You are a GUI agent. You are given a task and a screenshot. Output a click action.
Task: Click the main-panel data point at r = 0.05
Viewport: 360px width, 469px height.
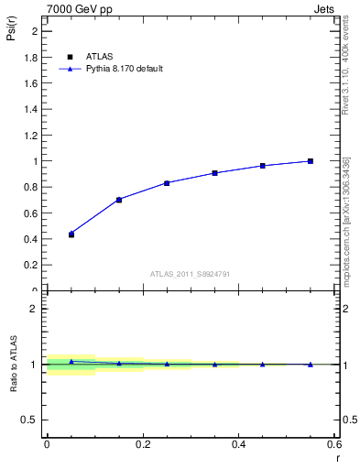pos(71,234)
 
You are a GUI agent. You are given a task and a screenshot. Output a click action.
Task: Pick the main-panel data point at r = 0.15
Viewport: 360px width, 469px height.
pos(119,200)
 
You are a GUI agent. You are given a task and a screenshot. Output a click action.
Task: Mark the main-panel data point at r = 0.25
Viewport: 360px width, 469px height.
pos(167,183)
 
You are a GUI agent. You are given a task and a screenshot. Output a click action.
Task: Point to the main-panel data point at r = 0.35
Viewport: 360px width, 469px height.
pos(214,173)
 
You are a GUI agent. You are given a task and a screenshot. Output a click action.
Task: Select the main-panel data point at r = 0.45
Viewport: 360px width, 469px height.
pos(263,166)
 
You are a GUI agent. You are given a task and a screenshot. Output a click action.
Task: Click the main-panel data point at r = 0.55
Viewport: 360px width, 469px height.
pos(311,161)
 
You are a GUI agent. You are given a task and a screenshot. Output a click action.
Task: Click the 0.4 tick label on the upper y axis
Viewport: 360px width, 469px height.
pos(32,239)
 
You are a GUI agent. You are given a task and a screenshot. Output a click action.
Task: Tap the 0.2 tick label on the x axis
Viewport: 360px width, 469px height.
pos(142,443)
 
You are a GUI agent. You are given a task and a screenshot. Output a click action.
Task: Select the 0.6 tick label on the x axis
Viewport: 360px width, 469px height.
pos(334,443)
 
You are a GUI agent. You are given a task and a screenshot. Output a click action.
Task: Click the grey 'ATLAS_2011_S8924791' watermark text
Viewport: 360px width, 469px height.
pos(191,273)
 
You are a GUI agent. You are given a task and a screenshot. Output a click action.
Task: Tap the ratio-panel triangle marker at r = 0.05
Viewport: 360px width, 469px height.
pos(71,362)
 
